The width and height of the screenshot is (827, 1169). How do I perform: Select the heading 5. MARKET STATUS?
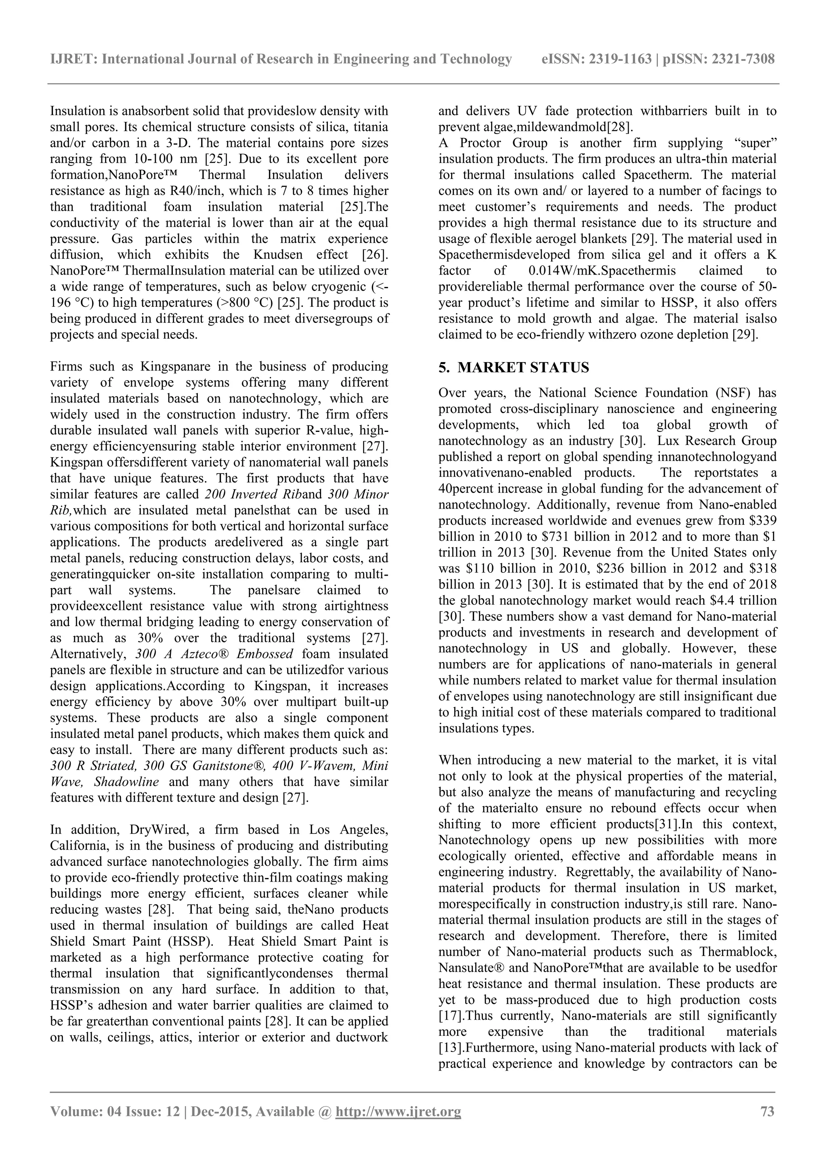[x=514, y=368]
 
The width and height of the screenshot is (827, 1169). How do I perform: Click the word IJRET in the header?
[x=73, y=60]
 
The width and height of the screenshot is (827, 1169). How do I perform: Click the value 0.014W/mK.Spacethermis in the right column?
[x=602, y=271]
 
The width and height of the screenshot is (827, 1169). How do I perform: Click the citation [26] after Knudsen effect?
[x=375, y=255]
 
